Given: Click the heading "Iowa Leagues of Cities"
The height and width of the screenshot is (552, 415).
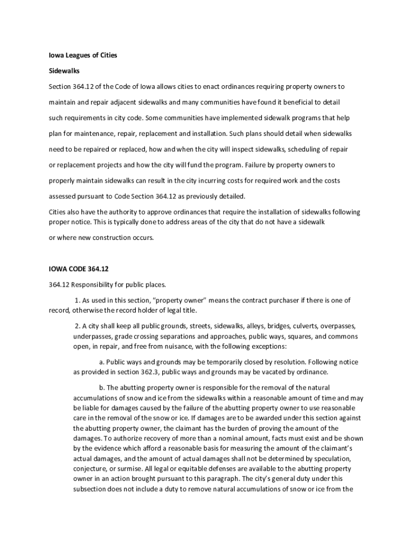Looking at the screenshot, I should (83, 55).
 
